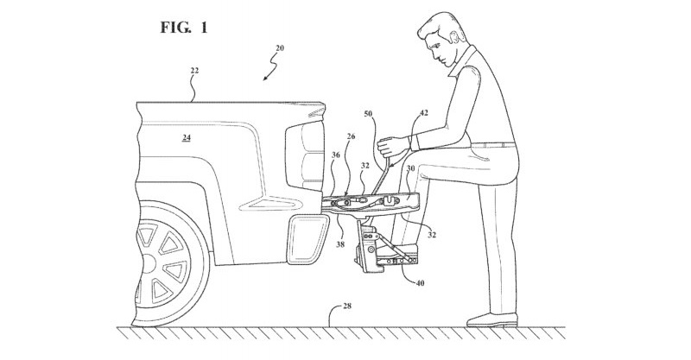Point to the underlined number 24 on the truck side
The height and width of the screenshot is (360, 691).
click(187, 136)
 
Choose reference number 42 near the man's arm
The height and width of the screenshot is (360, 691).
click(423, 112)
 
